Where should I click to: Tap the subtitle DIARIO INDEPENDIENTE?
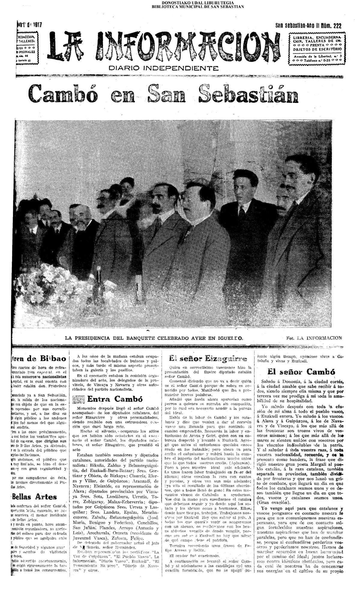tap(163, 68)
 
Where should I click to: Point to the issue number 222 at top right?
tap(337, 26)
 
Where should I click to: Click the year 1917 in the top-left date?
tap(37, 25)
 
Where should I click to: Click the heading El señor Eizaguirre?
tap(208, 359)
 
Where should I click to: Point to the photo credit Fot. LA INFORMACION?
tap(314, 338)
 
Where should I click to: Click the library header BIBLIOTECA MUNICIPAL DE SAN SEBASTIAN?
tap(198, 7)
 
